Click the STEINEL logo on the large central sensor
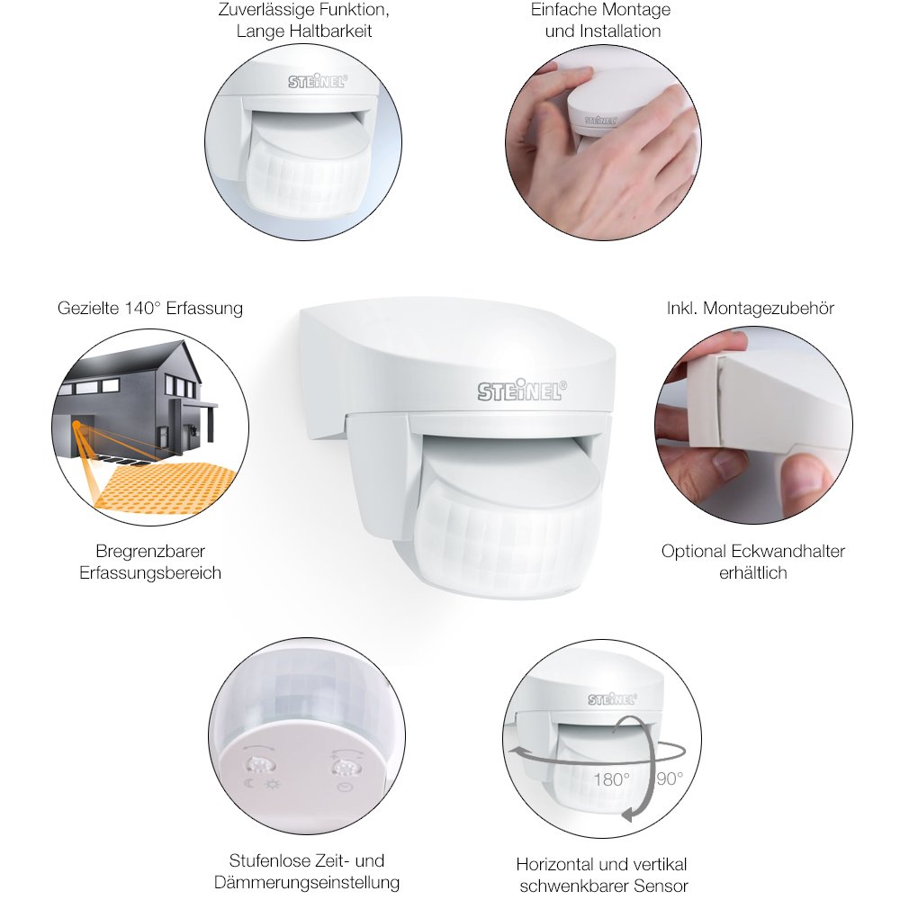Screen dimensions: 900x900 tap(522, 390)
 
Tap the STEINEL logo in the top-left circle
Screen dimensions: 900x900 tap(318, 82)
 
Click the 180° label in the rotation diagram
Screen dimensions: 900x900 tap(611, 778)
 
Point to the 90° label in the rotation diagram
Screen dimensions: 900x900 tap(670, 778)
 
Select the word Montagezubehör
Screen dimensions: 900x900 tap(769, 308)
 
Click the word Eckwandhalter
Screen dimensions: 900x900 tap(787, 551)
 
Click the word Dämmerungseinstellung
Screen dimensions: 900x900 tap(307, 882)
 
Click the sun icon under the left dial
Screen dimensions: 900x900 tap(272, 784)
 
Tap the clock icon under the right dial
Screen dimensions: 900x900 tap(344, 787)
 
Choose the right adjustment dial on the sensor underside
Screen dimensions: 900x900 tap(343, 767)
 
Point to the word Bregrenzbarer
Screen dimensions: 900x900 tap(150, 551)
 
